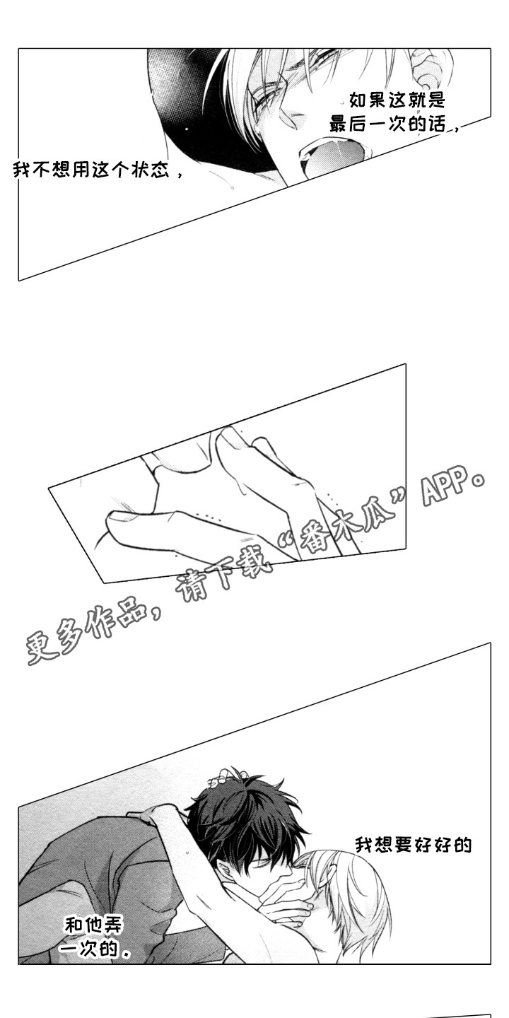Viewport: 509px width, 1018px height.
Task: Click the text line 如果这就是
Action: click(x=396, y=100)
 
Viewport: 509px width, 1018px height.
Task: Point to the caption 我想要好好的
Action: click(x=413, y=844)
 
